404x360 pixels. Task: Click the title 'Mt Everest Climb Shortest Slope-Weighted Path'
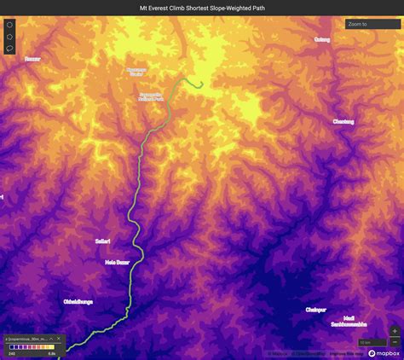(x=202, y=7)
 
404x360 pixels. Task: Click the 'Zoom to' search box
(x=372, y=25)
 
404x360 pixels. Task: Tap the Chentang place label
(x=343, y=122)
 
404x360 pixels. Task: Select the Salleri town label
(x=103, y=241)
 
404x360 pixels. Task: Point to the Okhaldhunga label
(x=78, y=301)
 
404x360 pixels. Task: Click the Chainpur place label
(x=316, y=311)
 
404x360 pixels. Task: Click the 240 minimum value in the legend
(x=12, y=353)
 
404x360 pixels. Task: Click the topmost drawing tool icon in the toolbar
(x=9, y=25)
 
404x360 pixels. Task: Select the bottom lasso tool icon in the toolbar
(x=9, y=49)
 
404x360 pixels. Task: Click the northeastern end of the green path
(x=201, y=84)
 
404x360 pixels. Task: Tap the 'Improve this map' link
(x=343, y=353)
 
